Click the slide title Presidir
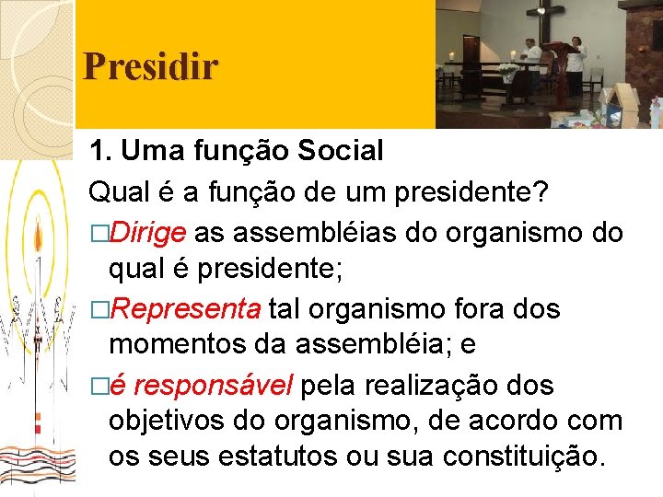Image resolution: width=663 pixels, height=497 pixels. (x=150, y=67)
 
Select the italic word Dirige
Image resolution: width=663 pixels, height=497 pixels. (x=147, y=233)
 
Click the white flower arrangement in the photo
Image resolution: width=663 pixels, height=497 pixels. (x=507, y=73)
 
